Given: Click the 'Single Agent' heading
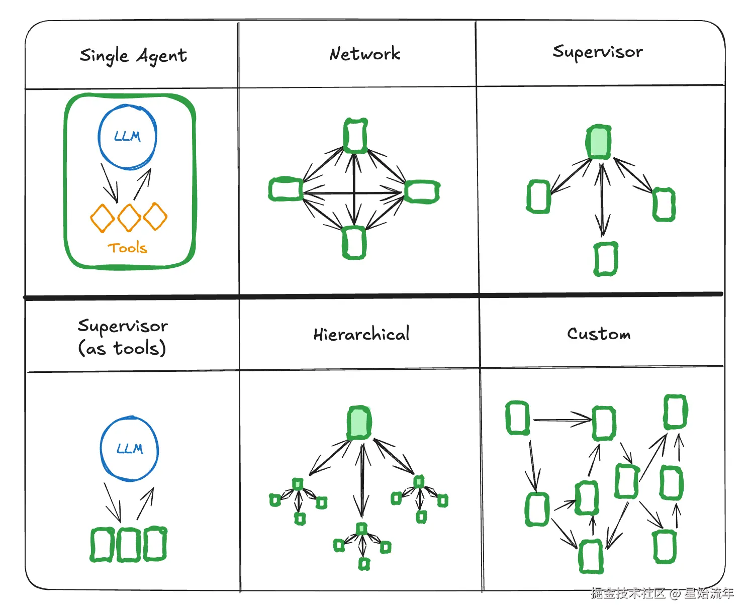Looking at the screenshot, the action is pyautogui.click(x=133, y=56).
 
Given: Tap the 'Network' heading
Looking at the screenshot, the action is pyautogui.click(x=364, y=54).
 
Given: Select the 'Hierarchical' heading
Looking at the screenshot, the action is pyautogui.click(x=361, y=334).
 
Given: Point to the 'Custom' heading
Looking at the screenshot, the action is pyautogui.click(x=599, y=334).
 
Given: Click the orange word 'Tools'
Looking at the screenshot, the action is pyautogui.click(x=127, y=248).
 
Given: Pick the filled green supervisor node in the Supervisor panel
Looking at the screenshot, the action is pyautogui.click(x=599, y=142).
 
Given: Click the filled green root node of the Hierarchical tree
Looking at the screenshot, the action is pyautogui.click(x=359, y=423).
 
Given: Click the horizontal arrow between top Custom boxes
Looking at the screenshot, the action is pyautogui.click(x=562, y=420).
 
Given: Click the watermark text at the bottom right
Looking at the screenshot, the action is pyautogui.click(x=662, y=593).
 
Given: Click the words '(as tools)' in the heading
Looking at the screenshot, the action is pyautogui.click(x=122, y=348).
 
